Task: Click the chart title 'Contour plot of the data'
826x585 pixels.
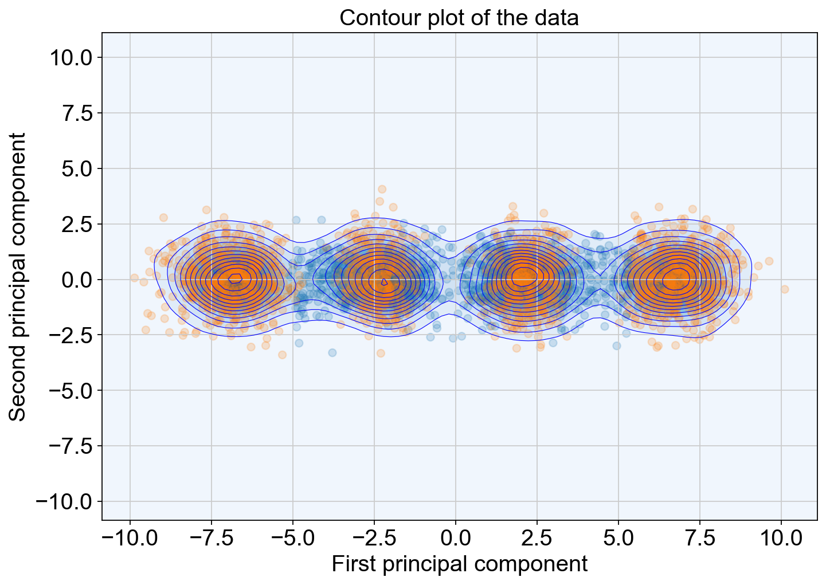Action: click(459, 18)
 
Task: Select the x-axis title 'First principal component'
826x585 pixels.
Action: click(460, 564)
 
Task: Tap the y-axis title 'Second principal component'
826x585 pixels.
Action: click(17, 277)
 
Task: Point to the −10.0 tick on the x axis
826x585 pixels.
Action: click(130, 539)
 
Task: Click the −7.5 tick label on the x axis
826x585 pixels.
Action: click(212, 539)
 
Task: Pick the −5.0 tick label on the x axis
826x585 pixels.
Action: click(293, 539)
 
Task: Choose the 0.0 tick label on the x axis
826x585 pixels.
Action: click(455, 539)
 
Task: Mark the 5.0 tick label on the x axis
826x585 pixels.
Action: click(618, 539)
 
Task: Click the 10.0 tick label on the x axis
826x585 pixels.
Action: click(781, 539)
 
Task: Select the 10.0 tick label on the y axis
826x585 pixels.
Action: click(71, 58)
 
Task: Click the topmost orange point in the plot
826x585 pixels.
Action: click(382, 189)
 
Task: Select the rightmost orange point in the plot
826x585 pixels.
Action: click(785, 289)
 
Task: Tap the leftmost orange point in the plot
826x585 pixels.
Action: click(134, 277)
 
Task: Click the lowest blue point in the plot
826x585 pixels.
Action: click(332, 353)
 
